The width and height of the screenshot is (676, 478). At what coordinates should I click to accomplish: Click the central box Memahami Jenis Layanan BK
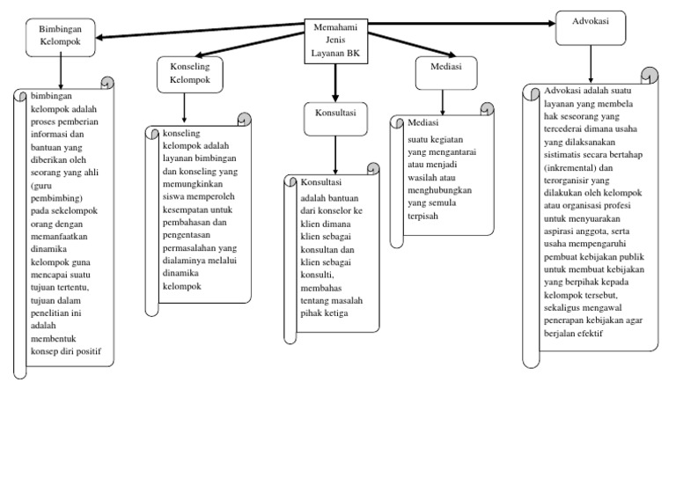tap(334, 40)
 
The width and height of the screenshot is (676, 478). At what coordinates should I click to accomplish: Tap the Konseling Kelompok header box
tap(184, 75)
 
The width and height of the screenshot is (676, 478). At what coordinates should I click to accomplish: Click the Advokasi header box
tap(591, 26)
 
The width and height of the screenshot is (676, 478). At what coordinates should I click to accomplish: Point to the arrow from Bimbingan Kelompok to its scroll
tap(60, 70)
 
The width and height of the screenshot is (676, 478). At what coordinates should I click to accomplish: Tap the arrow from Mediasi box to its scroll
tap(443, 100)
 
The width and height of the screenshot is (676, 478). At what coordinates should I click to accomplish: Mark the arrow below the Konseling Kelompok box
tap(184, 108)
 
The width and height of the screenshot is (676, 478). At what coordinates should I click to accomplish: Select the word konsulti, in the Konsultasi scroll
tap(318, 277)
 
